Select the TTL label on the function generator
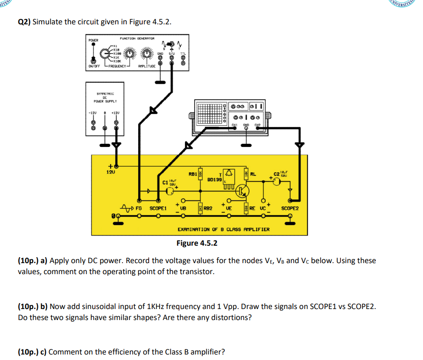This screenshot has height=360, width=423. (x=183, y=53)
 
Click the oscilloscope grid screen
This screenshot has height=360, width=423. (x=209, y=112)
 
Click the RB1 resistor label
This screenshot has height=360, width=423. (x=193, y=174)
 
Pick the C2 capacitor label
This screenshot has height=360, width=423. (x=276, y=174)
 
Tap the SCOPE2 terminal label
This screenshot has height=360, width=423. (x=290, y=208)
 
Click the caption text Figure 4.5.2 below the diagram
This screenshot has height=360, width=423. (x=197, y=243)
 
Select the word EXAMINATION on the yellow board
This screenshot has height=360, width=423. (x=193, y=229)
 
